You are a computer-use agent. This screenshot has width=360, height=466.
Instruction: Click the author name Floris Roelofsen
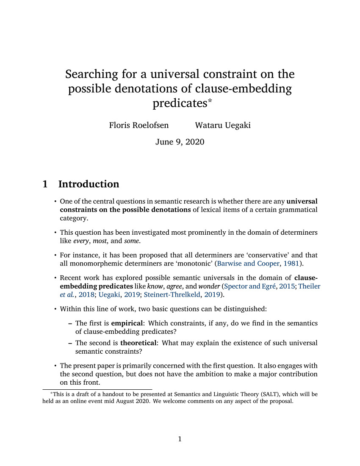(x=139, y=125)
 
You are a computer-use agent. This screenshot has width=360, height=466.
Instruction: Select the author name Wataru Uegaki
(x=222, y=125)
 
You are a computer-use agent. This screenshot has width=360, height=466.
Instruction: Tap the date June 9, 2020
(x=180, y=142)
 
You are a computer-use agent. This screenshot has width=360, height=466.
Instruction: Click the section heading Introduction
(x=89, y=184)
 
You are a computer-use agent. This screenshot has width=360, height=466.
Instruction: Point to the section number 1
(x=45, y=184)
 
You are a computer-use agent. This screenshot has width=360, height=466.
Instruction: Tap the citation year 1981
(x=293, y=264)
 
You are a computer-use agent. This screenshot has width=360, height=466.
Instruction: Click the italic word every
(x=83, y=241)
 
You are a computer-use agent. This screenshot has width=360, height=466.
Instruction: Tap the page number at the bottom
(x=180, y=439)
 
